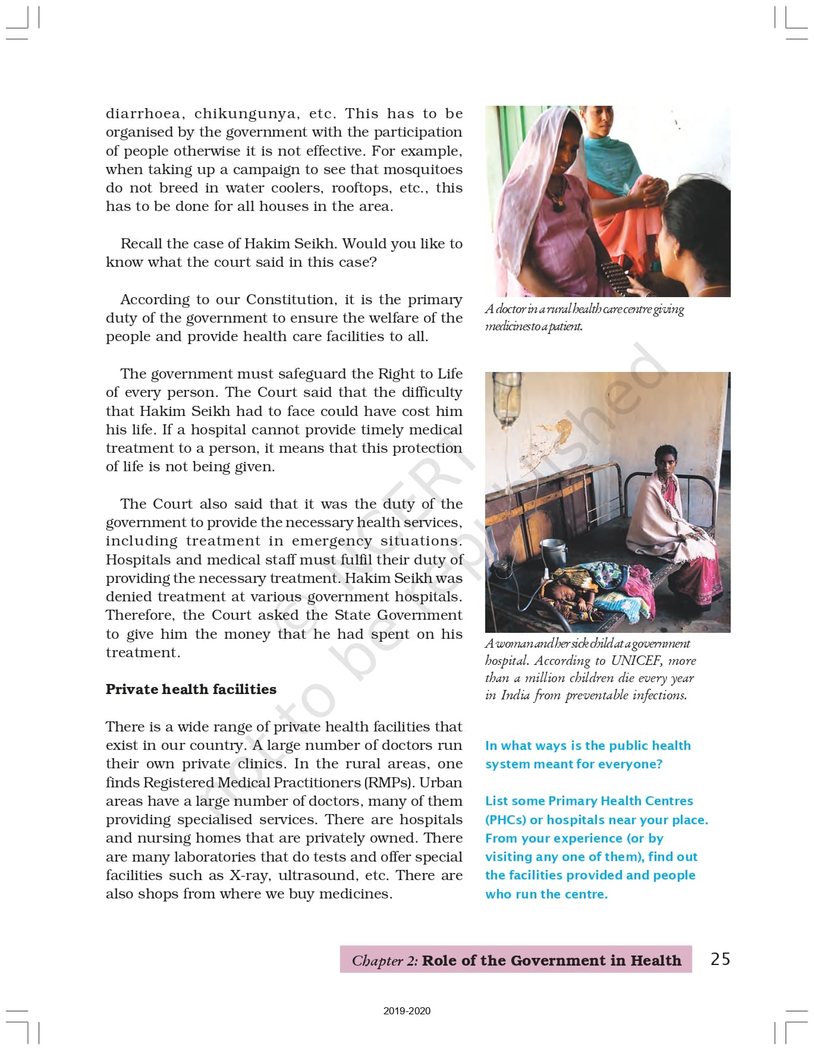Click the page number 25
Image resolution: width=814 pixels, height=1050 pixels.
[x=720, y=958]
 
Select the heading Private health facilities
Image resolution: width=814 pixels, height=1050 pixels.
[x=191, y=689]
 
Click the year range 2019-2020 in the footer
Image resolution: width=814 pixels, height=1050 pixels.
[x=407, y=1011]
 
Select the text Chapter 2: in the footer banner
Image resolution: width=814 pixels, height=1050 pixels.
[x=385, y=960]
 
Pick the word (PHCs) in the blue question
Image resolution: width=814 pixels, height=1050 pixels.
[x=505, y=819]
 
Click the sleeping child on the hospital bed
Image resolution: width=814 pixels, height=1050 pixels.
[x=571, y=594]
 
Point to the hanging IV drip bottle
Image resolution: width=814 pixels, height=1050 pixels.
[x=507, y=398]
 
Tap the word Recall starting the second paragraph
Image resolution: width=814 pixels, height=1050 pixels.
[x=142, y=244]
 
